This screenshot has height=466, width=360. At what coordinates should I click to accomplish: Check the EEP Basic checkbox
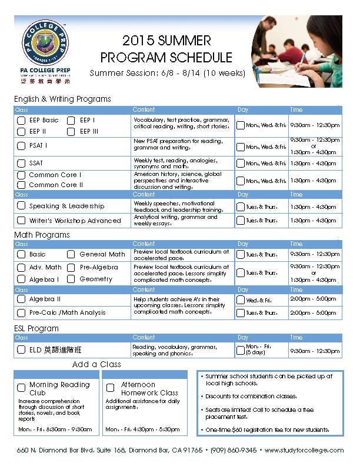(x=21, y=121)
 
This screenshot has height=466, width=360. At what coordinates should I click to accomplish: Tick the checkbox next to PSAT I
(x=21, y=145)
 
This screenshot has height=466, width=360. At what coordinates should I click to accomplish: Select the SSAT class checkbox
(x=21, y=163)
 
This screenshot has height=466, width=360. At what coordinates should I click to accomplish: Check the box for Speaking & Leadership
(x=21, y=206)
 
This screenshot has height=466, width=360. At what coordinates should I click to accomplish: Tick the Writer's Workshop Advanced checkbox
(x=21, y=221)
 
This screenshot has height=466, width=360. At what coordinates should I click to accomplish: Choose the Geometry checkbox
(x=71, y=279)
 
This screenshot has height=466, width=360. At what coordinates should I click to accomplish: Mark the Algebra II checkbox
(x=21, y=299)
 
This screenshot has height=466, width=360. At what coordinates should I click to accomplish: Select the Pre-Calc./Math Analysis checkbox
(x=21, y=313)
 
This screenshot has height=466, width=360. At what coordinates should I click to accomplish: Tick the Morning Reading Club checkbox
(x=21, y=388)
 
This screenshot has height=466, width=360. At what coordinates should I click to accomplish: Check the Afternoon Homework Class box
(x=110, y=388)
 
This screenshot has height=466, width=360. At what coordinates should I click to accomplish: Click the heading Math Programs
(x=42, y=235)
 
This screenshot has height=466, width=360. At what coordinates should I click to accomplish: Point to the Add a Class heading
(x=96, y=364)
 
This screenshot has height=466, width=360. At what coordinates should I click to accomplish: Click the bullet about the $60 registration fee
(x=267, y=430)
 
